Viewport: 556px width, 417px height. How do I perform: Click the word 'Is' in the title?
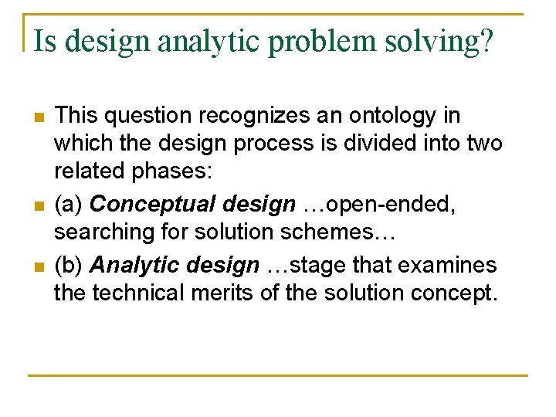point(44,41)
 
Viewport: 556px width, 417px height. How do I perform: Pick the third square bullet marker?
point(38,267)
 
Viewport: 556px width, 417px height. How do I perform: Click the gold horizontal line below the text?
point(278,375)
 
